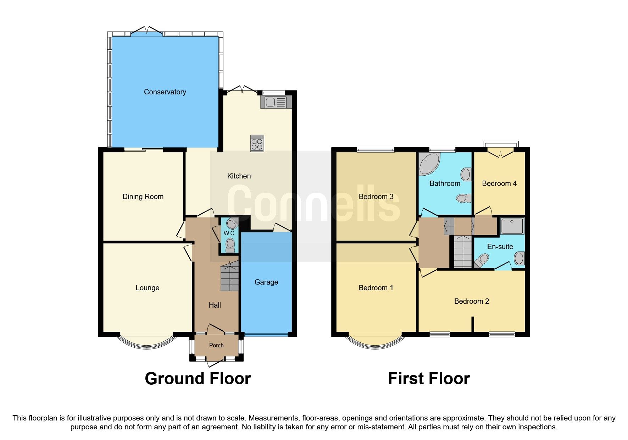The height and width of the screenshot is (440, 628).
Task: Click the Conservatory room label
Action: [x=165, y=92]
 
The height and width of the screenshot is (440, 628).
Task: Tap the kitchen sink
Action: [x=276, y=103]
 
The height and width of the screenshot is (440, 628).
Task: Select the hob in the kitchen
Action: [x=257, y=144]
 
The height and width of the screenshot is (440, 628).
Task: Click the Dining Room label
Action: [x=143, y=197]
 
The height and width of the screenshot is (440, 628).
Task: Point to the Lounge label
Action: [x=147, y=288]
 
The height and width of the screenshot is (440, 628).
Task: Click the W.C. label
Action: [x=229, y=233]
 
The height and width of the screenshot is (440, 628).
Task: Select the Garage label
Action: [x=266, y=282]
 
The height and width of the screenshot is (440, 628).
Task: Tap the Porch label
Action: [x=216, y=345]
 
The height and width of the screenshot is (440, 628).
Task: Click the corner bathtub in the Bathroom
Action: [x=429, y=164]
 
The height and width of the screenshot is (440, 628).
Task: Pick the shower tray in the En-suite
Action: [x=512, y=226]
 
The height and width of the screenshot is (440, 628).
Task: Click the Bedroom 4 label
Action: [x=499, y=183]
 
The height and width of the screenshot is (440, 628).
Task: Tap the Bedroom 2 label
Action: [x=471, y=301]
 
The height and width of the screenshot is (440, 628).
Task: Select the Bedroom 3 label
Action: [x=376, y=197]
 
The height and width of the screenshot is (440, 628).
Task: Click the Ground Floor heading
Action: [x=198, y=379]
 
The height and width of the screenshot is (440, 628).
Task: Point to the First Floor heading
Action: [x=428, y=379]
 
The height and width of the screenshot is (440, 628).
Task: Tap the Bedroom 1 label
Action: [x=376, y=288]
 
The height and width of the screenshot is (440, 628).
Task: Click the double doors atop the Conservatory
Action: [x=147, y=31]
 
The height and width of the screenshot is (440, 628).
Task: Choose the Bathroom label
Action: [x=445, y=183]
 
